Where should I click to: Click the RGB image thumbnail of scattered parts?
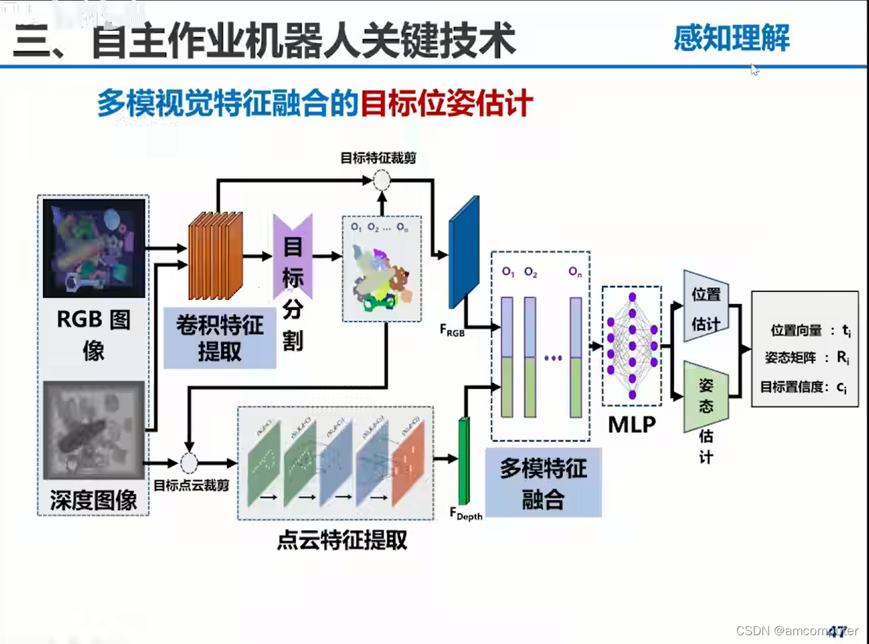pos(94,247)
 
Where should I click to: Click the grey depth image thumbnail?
pos(94,430)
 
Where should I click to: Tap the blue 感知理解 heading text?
pos(731,38)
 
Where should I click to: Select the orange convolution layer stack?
pos(215,256)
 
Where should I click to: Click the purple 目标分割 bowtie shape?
pos(293,257)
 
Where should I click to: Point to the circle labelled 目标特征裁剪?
pos(382,180)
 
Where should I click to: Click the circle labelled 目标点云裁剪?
pos(189,463)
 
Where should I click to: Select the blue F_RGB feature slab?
pos(464,252)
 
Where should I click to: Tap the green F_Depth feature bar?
pos(464,460)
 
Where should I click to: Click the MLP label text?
pos(632,424)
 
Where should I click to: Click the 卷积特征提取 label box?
pos(220,338)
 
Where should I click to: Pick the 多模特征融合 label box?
pos(543,484)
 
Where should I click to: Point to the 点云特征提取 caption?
pos(342,540)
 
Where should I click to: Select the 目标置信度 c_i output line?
pos(804,387)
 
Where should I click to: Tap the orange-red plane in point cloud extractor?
pos(409,463)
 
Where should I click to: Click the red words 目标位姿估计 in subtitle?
pos(446,104)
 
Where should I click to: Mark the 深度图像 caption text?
pos(94,500)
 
